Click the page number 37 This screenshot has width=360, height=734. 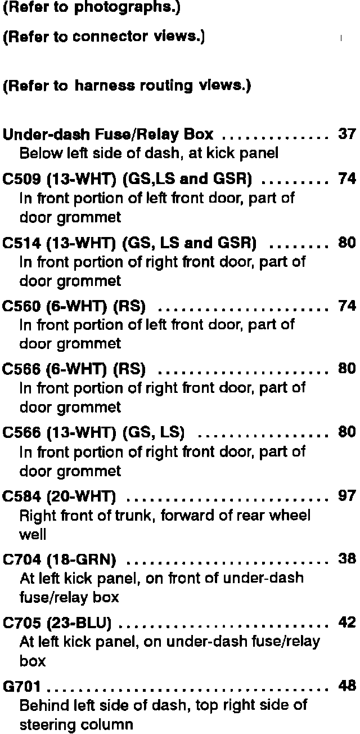coord(346,135)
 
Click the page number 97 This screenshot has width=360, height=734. coord(346,496)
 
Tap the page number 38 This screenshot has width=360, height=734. coord(346,559)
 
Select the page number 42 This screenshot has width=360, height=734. coord(346,623)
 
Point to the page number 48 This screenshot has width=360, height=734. coord(346,686)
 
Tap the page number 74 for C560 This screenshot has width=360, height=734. coord(346,306)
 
